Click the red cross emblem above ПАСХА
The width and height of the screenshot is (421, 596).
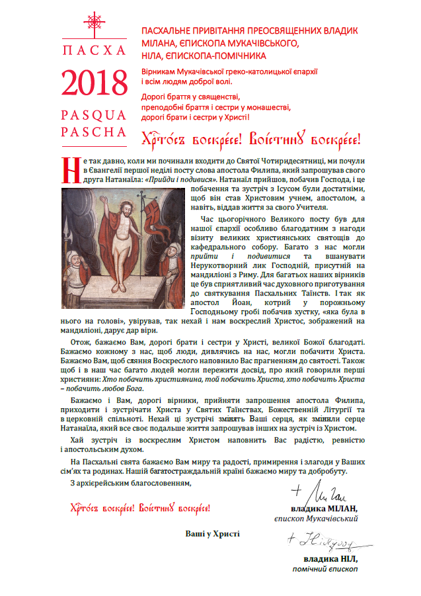pyautogui.click(x=94, y=23)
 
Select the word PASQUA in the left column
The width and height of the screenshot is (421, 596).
pyautogui.click(x=94, y=114)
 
